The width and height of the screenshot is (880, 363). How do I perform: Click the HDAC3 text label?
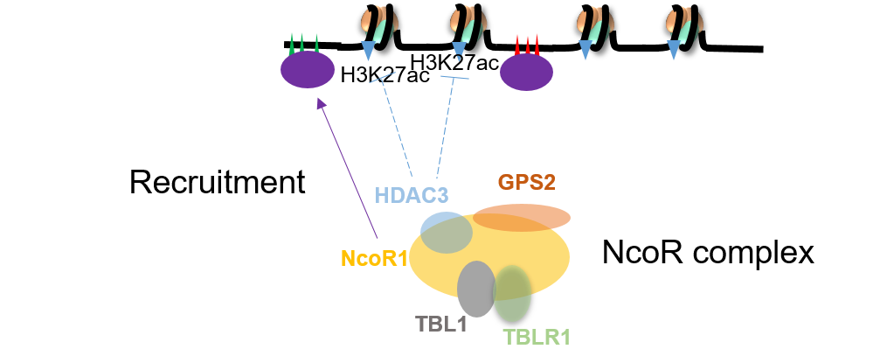[412, 194]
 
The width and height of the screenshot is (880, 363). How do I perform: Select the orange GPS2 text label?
[526, 182]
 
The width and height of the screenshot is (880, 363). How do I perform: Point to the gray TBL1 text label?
[441, 324]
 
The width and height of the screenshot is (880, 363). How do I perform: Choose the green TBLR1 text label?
[537, 337]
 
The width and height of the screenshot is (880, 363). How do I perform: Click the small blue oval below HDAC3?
[446, 232]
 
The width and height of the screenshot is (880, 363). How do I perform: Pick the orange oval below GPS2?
[522, 217]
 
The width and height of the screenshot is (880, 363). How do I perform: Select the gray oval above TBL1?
[476, 290]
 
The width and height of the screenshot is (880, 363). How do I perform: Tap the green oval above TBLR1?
[512, 293]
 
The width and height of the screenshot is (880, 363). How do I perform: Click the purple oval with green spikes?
[308, 70]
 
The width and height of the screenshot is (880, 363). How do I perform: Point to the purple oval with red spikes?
[526, 73]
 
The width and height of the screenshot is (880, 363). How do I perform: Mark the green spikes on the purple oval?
[302, 43]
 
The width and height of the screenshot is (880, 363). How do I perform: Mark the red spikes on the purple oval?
[527, 45]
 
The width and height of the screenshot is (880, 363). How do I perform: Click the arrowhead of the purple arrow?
[321, 101]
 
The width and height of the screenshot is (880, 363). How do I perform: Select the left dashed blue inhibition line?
[396, 122]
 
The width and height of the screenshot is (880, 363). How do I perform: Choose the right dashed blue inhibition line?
[447, 122]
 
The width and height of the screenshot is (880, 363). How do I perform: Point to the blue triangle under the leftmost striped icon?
[367, 51]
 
